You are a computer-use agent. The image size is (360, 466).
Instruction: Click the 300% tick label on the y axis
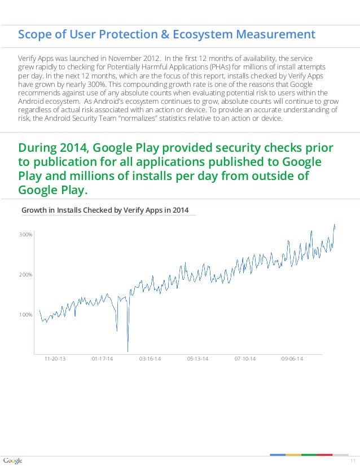(x=26, y=234)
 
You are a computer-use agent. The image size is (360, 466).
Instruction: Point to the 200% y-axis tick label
(x=26, y=274)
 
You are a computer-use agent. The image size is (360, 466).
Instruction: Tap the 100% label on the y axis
(x=26, y=314)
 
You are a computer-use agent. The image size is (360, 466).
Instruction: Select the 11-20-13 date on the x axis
(x=55, y=359)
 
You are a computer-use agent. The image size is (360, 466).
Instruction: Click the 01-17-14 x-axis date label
(x=102, y=359)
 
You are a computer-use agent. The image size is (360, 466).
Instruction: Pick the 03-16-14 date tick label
(x=150, y=359)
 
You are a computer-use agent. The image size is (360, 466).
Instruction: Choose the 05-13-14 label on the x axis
(x=197, y=359)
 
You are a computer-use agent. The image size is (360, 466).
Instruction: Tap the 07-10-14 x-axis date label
(x=245, y=359)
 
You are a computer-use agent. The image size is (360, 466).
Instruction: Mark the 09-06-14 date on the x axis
(x=292, y=359)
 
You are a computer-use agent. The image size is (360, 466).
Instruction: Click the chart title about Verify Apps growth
(x=105, y=210)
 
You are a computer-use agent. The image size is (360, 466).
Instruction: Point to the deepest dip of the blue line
(x=128, y=351)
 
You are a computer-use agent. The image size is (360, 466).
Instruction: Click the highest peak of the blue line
(x=334, y=225)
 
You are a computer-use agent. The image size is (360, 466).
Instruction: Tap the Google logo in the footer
(x=12, y=460)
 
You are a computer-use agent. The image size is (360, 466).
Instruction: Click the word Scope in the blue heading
(x=33, y=35)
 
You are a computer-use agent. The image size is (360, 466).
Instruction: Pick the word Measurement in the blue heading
(x=276, y=35)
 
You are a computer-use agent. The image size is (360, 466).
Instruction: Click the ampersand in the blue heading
(x=165, y=35)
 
